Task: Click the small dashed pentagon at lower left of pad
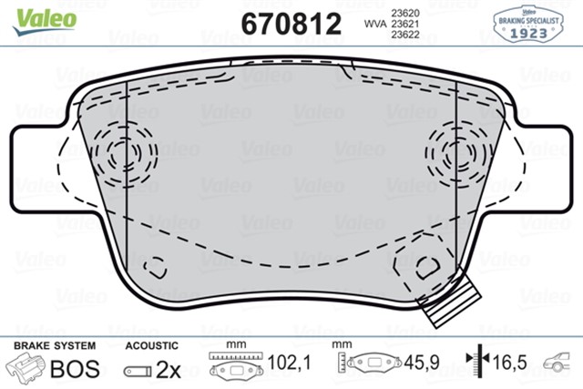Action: tap(158, 267)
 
